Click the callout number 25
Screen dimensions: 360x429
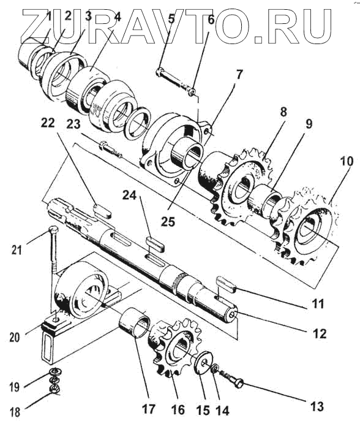pos(168,221)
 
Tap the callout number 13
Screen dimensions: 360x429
pos(317,406)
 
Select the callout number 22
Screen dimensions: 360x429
pos(48,123)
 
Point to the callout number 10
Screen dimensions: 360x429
pos(347,161)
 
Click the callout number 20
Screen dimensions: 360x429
pos(15,337)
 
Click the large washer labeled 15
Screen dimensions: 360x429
pos(205,360)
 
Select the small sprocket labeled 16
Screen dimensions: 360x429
pos(173,347)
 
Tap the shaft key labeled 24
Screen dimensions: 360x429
pos(155,244)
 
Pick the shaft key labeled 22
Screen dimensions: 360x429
pos(102,211)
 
